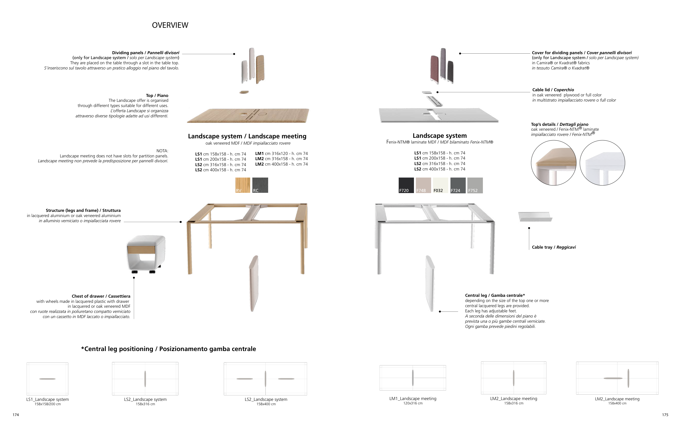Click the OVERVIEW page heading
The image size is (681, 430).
pyautogui.click(x=170, y=25)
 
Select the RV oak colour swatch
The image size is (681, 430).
pyautogui.click(x=243, y=185)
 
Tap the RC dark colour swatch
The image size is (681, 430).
pyautogui.click(x=260, y=185)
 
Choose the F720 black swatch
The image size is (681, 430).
pyautogui.click(x=406, y=185)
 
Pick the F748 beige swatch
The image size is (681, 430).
pyautogui.click(x=423, y=185)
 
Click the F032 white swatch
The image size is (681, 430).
pyautogui.click(x=441, y=185)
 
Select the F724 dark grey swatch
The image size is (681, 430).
pyautogui.click(x=458, y=185)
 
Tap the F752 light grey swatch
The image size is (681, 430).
pyautogui.click(x=475, y=185)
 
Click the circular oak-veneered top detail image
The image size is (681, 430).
pyautogui.click(x=553, y=163)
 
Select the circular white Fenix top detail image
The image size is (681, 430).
pyautogui.click(x=602, y=163)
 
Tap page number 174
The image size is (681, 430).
pyautogui.click(x=16, y=415)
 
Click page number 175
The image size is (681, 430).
pyautogui.click(x=665, y=415)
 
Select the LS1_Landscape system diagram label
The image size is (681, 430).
pyautogui.click(x=47, y=399)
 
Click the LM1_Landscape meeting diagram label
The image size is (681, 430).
pyautogui.click(x=413, y=399)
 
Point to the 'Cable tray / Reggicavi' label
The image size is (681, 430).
pyautogui.click(x=553, y=247)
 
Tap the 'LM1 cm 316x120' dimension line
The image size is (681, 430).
pyautogui.click(x=282, y=154)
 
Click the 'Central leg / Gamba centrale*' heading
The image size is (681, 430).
pyautogui.click(x=495, y=295)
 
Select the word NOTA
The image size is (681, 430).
pyautogui.click(x=162, y=151)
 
